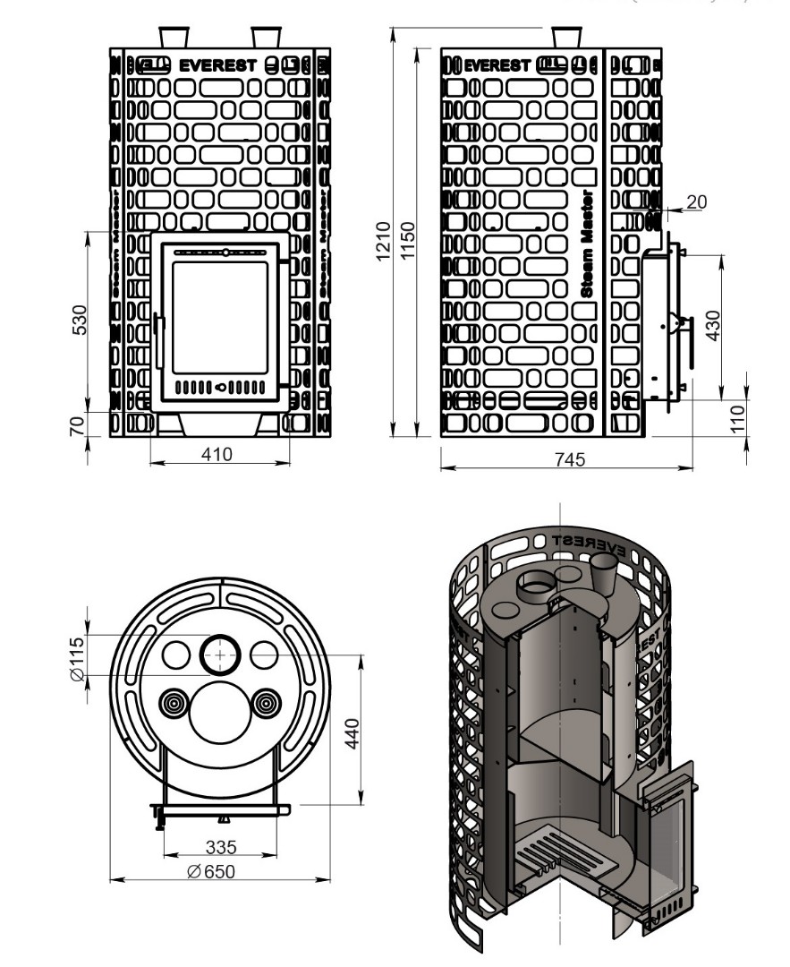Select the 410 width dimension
(217, 454)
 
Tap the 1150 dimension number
(408, 241)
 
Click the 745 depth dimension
(569, 459)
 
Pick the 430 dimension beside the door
(713, 325)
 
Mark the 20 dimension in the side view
(696, 202)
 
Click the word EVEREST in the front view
(218, 65)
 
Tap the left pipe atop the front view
(174, 37)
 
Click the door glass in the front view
(220, 318)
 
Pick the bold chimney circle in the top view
(219, 655)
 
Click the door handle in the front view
(158, 340)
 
